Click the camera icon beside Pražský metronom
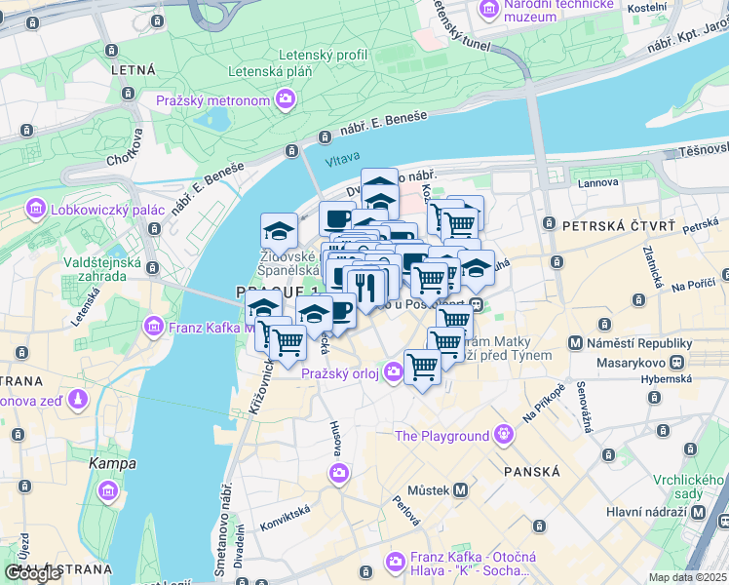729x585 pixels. point(285,98)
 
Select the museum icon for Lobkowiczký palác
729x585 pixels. point(37,208)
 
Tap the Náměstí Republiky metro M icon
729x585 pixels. point(577,343)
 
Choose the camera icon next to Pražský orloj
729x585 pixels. point(392,370)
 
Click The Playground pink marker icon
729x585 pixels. point(503,434)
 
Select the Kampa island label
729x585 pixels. point(113,463)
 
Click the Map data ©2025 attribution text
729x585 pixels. point(688,577)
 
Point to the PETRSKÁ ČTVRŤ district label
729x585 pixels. point(618,227)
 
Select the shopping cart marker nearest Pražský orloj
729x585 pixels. point(422,368)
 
